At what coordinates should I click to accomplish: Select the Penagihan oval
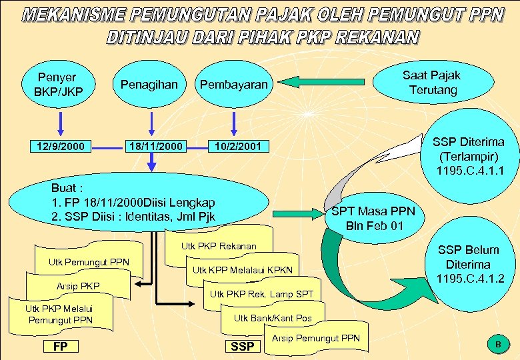pyautogui.click(x=149, y=85)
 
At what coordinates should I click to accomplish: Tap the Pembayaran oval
pyautogui.click(x=233, y=85)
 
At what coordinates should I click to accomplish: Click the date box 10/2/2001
pyautogui.click(x=238, y=146)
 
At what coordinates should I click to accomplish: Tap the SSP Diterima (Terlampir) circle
pyautogui.click(x=469, y=156)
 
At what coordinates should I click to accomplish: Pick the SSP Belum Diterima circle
pyautogui.click(x=468, y=264)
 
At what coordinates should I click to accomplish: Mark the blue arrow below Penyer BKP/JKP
pyautogui.click(x=61, y=123)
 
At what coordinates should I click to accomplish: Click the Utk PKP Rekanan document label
pyautogui.click(x=219, y=246)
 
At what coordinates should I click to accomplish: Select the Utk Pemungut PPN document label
pyautogui.click(x=89, y=261)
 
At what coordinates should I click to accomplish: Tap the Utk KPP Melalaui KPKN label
pyautogui.click(x=242, y=270)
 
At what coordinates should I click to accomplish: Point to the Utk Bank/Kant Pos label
pyautogui.click(x=273, y=318)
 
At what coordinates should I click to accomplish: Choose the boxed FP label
pyautogui.click(x=61, y=346)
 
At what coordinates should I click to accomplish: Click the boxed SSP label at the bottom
pyautogui.click(x=242, y=346)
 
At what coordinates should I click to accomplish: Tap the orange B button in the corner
pyautogui.click(x=497, y=344)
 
